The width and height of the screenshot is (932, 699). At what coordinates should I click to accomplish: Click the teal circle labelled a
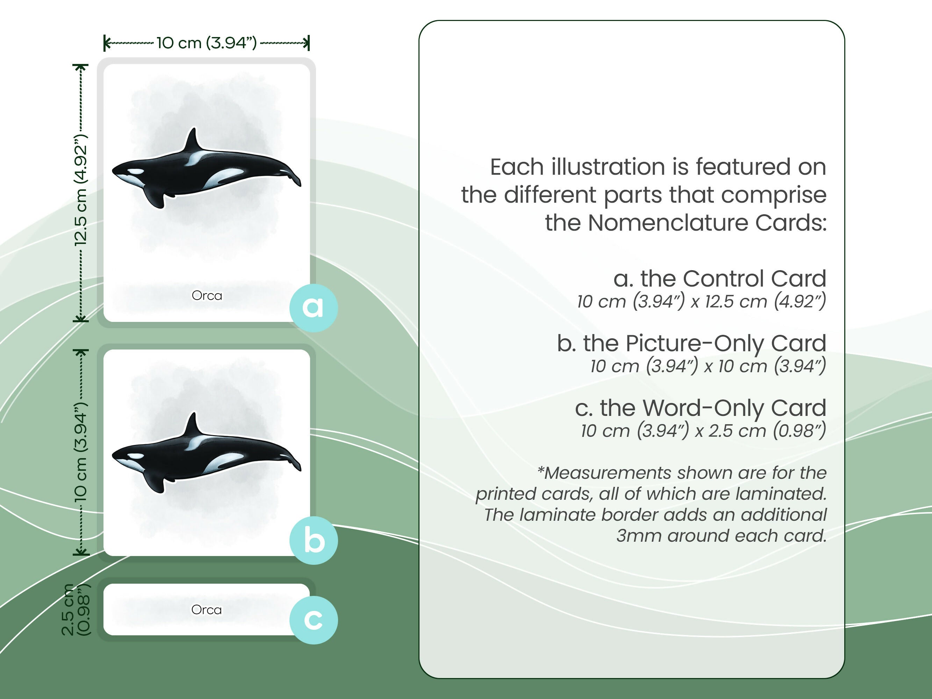click(x=313, y=308)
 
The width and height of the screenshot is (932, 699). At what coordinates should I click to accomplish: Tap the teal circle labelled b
click(x=313, y=540)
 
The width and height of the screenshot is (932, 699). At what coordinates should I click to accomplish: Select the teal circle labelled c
click(x=313, y=620)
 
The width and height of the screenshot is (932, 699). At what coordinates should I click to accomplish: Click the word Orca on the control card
click(x=207, y=295)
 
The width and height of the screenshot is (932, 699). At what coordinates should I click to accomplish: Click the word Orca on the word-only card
click(x=207, y=610)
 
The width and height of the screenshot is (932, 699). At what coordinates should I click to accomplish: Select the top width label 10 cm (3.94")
click(x=207, y=43)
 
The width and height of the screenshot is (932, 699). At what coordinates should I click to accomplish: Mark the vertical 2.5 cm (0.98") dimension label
click(x=76, y=610)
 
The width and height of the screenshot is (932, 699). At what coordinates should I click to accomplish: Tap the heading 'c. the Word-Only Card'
click(x=700, y=408)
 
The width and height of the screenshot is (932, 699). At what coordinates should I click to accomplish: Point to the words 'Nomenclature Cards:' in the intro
click(x=707, y=223)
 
